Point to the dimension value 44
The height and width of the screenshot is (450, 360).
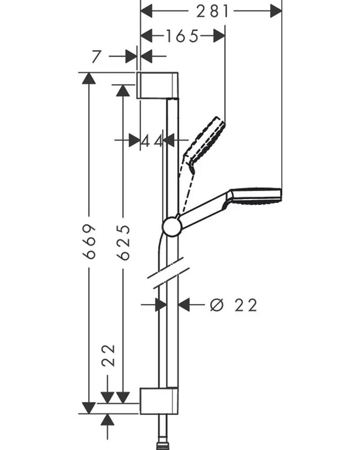click(x=151, y=141)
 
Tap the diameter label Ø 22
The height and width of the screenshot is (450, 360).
click(x=234, y=306)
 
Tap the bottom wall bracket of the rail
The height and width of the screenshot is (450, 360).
click(x=160, y=400)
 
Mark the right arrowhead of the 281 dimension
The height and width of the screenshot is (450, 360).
click(x=275, y=11)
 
